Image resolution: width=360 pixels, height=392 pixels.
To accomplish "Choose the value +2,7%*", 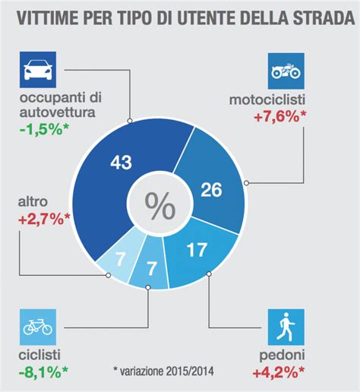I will coord(43,220).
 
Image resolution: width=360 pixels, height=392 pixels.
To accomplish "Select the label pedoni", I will coord(281,356).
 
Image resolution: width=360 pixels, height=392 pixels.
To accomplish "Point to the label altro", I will coord(30,203).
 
